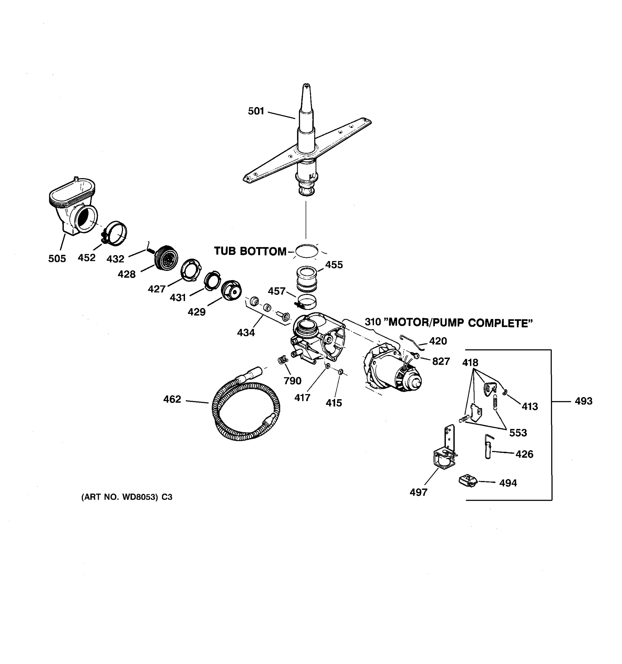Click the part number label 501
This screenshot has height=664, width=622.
[256, 111]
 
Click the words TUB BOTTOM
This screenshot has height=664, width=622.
[250, 251]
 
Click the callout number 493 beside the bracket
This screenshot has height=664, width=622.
[583, 401]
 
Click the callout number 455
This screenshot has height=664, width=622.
[334, 265]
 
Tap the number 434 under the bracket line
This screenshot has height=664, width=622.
[246, 333]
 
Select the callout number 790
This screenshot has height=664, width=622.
[292, 381]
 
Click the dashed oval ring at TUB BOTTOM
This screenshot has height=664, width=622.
[306, 251]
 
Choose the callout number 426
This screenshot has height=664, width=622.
[524, 454]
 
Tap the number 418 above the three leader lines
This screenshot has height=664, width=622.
[470, 362]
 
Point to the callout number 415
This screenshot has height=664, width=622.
[334, 403]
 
